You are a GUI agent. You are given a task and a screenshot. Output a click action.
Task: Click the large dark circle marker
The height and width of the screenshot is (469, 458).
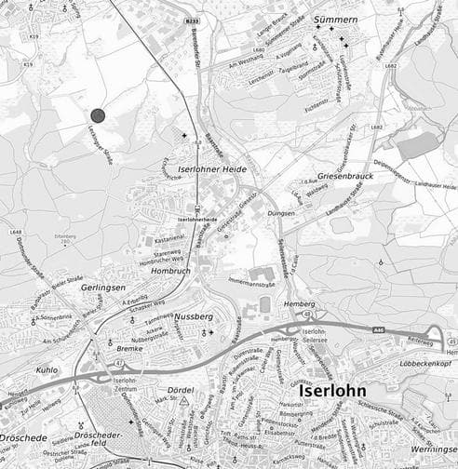[x=98, y=114]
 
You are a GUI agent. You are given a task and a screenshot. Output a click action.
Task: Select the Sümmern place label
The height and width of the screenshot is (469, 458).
[x=335, y=19]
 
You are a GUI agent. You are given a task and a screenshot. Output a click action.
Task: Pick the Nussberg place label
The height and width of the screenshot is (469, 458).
[x=194, y=315]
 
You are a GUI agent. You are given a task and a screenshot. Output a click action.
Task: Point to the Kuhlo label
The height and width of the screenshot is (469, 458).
[x=47, y=369]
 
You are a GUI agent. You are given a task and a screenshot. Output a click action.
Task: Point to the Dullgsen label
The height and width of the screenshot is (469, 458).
[x=281, y=213]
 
